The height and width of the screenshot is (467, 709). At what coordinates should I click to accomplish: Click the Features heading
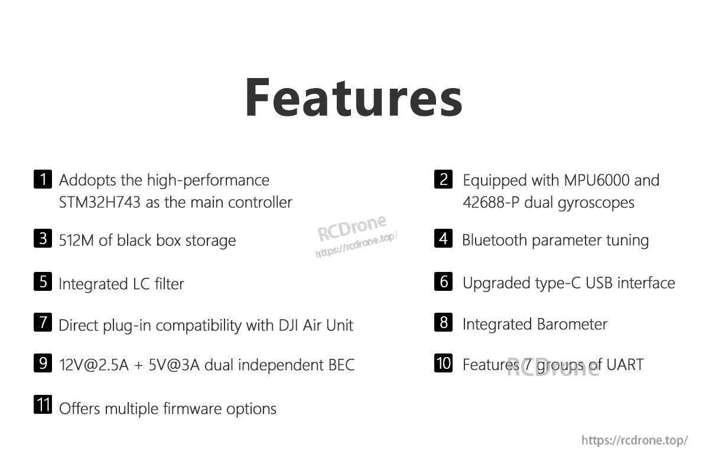click(353, 98)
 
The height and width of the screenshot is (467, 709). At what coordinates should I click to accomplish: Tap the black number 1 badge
click(43, 179)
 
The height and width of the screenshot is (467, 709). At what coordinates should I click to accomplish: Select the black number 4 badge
click(443, 239)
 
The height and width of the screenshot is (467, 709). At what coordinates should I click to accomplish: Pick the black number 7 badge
click(43, 323)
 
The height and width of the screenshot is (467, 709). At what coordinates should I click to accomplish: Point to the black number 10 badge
click(443, 363)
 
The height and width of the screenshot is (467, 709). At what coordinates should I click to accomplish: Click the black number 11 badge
click(43, 406)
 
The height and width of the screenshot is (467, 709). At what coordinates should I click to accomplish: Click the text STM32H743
click(100, 202)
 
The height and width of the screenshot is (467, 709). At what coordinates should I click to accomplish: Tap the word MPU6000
click(597, 180)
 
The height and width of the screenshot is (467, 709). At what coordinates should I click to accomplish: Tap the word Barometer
click(572, 324)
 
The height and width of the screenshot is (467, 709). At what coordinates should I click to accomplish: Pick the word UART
click(625, 365)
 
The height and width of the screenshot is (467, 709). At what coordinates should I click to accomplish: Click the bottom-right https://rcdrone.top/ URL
click(635, 440)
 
